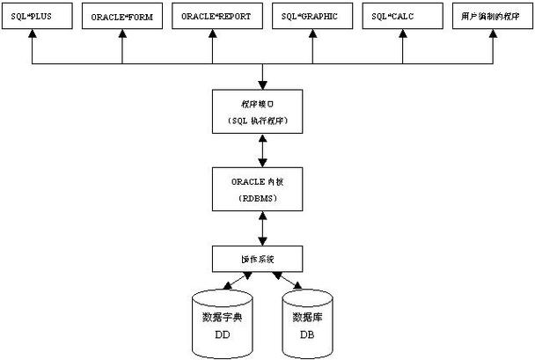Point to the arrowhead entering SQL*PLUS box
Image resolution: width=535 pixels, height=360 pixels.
32,36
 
